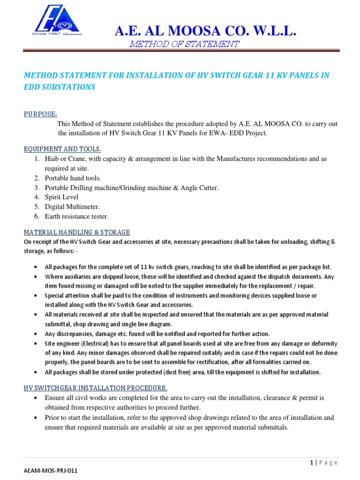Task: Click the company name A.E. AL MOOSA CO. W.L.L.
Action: point(206,32)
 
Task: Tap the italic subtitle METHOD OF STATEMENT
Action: point(184,45)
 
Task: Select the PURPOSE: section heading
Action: point(40,114)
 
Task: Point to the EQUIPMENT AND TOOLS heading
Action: point(63,149)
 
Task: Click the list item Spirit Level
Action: point(61,197)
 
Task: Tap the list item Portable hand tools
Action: point(73,178)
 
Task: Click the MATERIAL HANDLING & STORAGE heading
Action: point(77,232)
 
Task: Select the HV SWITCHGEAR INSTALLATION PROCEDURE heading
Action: point(96,388)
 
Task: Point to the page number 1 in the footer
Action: point(311,463)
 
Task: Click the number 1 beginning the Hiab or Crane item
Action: point(36,159)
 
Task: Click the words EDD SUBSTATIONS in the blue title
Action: point(60,87)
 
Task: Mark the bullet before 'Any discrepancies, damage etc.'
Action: point(37,334)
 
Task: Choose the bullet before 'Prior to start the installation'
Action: point(37,418)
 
